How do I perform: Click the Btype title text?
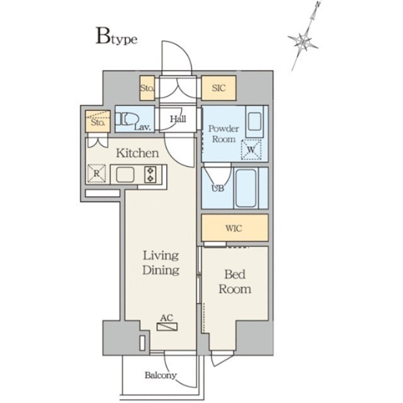pyautogui.click(x=116, y=37)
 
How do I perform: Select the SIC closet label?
pyautogui.click(x=219, y=88)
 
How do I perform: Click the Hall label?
pyautogui.click(x=178, y=118)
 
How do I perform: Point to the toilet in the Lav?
pyautogui.click(x=127, y=119)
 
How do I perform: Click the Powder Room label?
pyautogui.click(x=224, y=133)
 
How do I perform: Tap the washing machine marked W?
pyautogui.click(x=251, y=150)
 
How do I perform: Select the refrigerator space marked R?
pyautogui.click(x=96, y=174)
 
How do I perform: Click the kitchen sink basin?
pyautogui.click(x=125, y=174)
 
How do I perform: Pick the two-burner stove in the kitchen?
pyautogui.click(x=150, y=174)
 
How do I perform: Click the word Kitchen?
pyautogui.click(x=137, y=153)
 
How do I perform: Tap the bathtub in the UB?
pyautogui.click(x=246, y=188)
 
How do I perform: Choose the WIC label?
pyautogui.click(x=234, y=228)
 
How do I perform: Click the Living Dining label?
pyautogui.click(x=161, y=263)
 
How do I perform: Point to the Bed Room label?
pyautogui.click(x=235, y=281)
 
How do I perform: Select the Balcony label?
pyautogui.click(x=161, y=375)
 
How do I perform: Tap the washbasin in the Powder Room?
pyautogui.click(x=254, y=122)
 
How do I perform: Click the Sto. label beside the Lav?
pyautogui.click(x=98, y=122)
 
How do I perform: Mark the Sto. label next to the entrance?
pyautogui.click(x=147, y=88)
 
